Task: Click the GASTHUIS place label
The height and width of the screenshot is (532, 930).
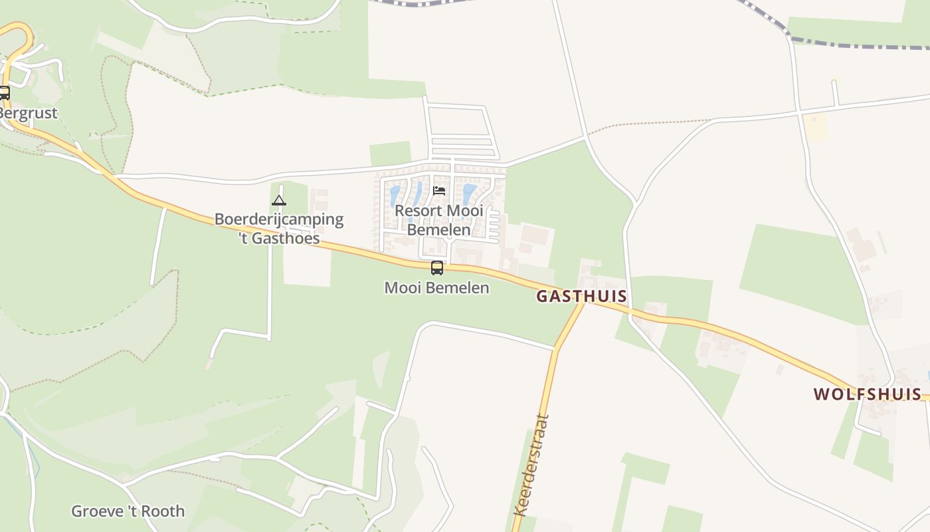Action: coord(581,296)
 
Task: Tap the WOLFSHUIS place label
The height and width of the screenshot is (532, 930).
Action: coord(867,394)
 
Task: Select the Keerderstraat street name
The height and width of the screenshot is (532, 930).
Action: coord(533,465)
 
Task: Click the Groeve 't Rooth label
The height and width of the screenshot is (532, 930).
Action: coord(128,511)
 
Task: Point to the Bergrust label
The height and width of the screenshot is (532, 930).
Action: coord(28,113)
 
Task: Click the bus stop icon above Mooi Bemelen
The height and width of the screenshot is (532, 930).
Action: coord(436,268)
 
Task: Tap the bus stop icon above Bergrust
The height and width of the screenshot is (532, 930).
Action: coord(4,93)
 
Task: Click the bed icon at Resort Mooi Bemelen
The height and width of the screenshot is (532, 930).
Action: coord(438,191)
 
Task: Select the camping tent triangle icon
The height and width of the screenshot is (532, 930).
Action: coord(279,200)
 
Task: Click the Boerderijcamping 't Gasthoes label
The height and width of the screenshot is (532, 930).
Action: coord(279,228)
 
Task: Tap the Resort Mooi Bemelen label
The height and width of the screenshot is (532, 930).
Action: coord(438,220)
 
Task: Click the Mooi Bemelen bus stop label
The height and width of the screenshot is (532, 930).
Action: coord(436,288)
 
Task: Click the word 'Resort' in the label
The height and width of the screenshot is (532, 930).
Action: coord(418,211)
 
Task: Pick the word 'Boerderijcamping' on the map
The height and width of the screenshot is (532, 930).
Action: coord(279,219)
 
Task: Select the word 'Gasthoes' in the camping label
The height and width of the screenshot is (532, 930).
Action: coord(287,237)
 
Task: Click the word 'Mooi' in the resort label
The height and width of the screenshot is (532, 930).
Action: coord(464,211)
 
